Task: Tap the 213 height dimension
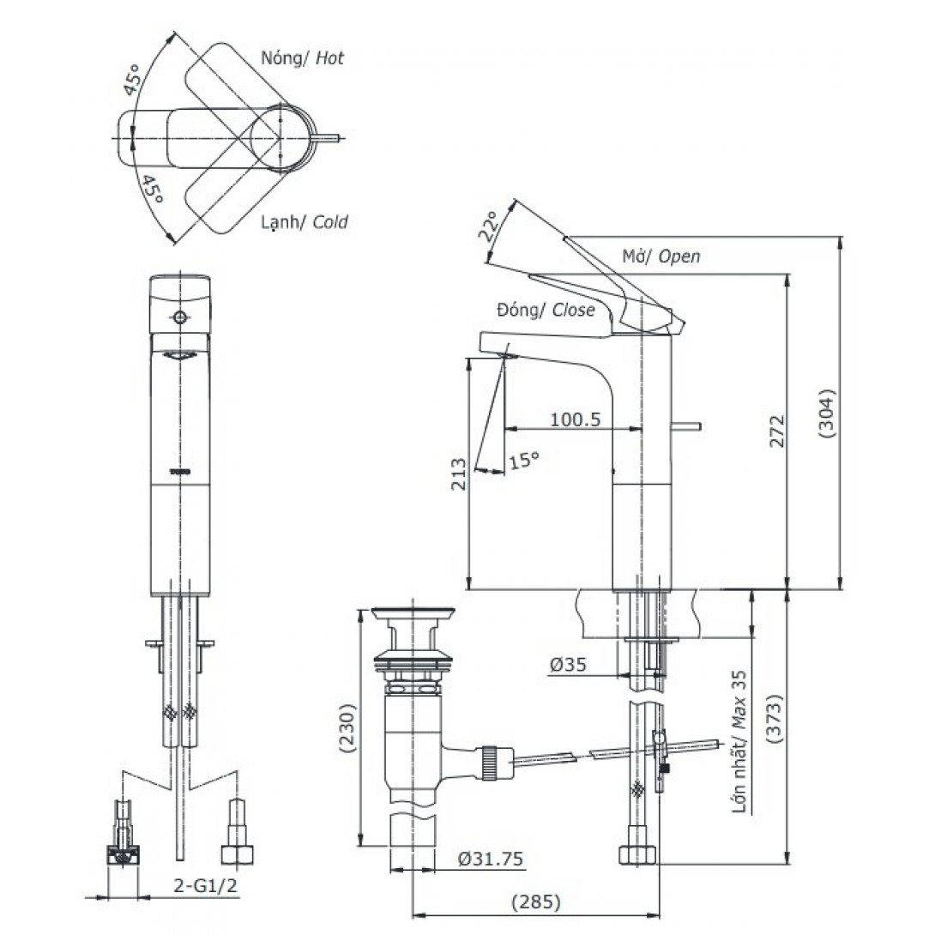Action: [459, 473]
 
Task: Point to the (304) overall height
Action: [826, 415]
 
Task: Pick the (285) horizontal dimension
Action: [536, 902]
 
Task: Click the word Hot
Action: [329, 59]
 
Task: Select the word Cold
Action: [330, 222]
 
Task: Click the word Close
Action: [574, 311]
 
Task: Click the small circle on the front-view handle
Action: [179, 318]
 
